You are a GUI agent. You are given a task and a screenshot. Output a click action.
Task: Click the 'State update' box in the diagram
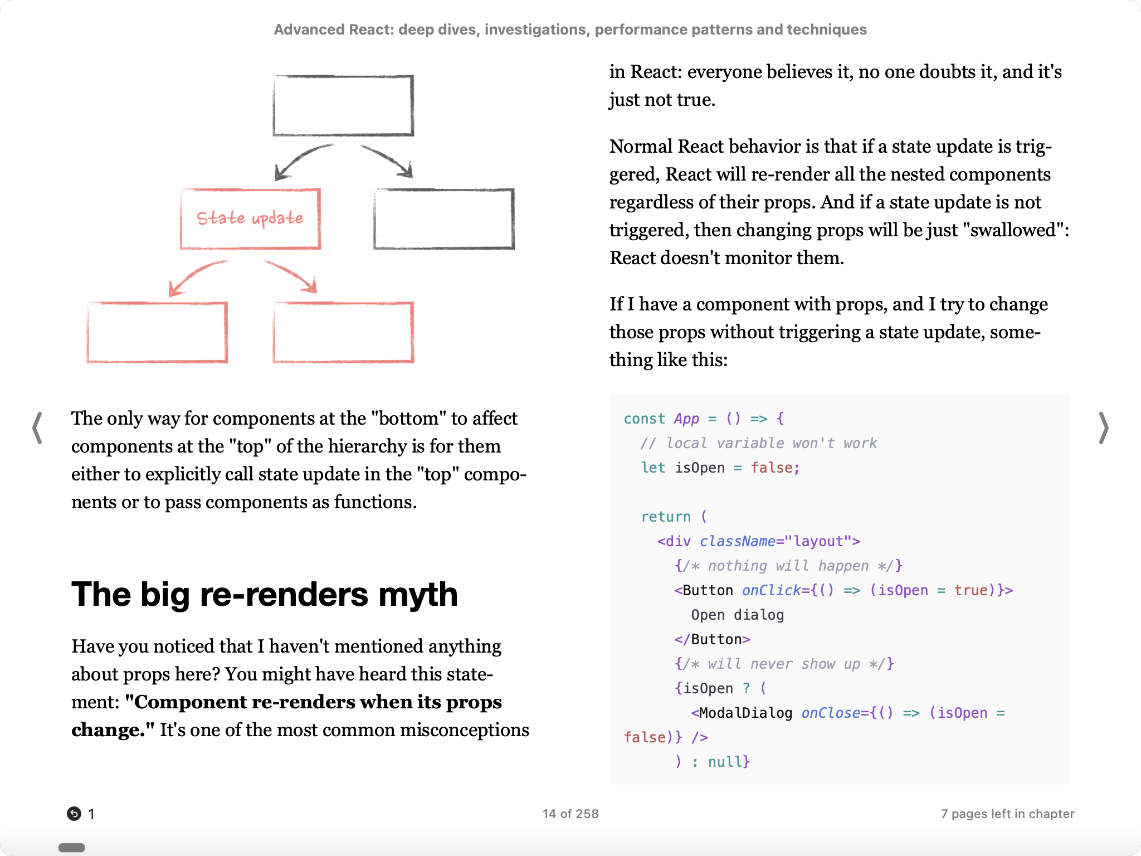tap(250, 218)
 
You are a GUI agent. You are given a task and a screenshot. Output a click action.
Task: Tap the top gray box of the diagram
tap(343, 105)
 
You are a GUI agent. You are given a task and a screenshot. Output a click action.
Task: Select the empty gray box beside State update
tap(444, 218)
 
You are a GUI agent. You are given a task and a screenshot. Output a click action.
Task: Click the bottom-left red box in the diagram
tap(157, 332)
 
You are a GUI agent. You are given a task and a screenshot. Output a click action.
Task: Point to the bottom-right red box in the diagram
tap(343, 332)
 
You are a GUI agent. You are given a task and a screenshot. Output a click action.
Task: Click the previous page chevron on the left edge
tap(37, 428)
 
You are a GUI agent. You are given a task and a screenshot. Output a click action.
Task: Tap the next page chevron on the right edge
tap(1103, 428)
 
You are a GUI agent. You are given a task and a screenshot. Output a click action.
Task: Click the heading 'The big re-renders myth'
tap(265, 594)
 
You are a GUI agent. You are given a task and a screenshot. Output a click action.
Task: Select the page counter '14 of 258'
tap(570, 814)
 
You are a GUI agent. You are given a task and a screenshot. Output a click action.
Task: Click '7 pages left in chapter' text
tap(1007, 814)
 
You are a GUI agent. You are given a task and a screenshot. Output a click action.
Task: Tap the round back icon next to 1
tap(74, 814)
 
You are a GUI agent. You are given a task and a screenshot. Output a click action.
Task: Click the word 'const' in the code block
tap(644, 419)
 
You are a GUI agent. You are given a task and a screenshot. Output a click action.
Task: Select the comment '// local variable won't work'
tap(759, 443)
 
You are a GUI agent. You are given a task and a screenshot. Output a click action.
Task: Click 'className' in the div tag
tap(738, 541)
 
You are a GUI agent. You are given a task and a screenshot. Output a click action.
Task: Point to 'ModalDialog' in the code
tap(745, 713)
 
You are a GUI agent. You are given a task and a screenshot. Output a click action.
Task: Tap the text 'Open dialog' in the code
tap(737, 615)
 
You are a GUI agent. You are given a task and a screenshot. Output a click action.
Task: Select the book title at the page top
tap(570, 30)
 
